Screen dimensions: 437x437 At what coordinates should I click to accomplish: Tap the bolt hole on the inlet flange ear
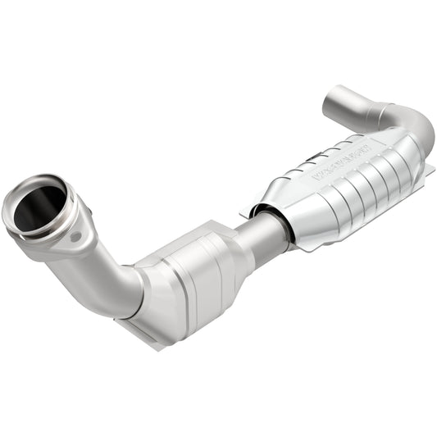[x=76, y=237]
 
